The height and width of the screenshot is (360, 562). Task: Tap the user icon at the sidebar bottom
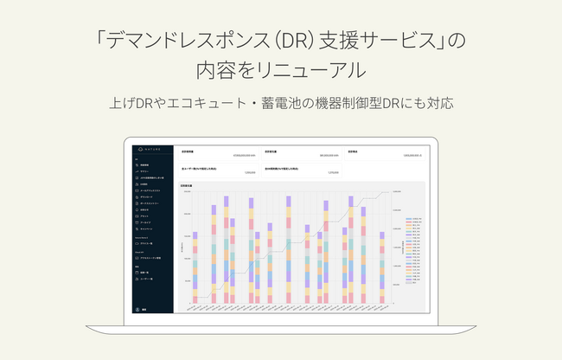[137, 308]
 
